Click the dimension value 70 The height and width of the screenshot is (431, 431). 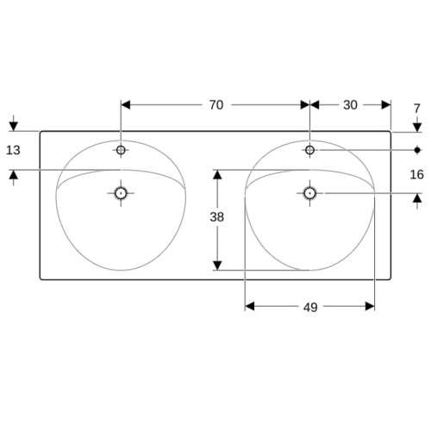click(216, 105)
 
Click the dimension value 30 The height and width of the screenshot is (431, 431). click(350, 105)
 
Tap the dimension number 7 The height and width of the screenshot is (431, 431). click(417, 109)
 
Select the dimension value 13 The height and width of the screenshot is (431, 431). click(13, 150)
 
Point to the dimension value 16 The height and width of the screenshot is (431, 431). click(416, 174)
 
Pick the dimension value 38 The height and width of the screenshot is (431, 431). click(216, 217)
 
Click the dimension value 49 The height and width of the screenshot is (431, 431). click(310, 308)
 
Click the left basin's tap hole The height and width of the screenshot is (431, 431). click(121, 150)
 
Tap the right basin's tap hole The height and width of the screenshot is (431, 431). click(309, 150)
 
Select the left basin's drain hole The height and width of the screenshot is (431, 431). click(121, 193)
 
